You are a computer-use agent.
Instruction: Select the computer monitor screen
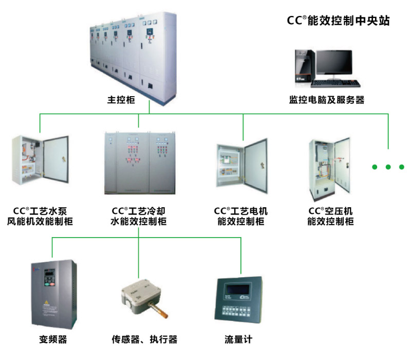click(334, 63)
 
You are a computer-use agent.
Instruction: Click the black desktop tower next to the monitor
click(303, 67)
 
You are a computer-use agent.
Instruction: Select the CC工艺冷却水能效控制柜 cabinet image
click(139, 162)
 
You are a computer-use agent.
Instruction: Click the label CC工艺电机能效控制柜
click(241, 217)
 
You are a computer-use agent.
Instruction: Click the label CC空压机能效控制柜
click(330, 217)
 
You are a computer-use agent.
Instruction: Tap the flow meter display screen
click(238, 290)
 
